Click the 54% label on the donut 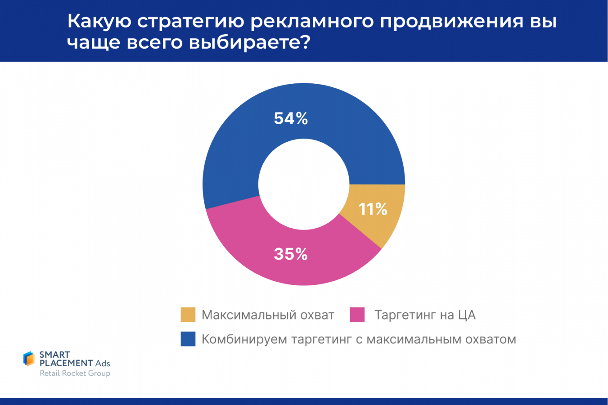point(291,118)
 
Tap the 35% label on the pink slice point(291,254)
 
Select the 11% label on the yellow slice point(373,209)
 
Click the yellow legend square point(188,315)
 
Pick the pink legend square point(357,315)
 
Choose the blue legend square point(188,339)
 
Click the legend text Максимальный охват point(268,315)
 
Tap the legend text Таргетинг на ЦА point(425,315)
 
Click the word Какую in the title point(99,22)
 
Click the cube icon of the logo point(29,359)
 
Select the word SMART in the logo point(54,355)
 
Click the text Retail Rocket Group point(75,373)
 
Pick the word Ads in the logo point(103,363)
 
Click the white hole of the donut point(304,184)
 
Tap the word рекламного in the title point(312,22)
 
